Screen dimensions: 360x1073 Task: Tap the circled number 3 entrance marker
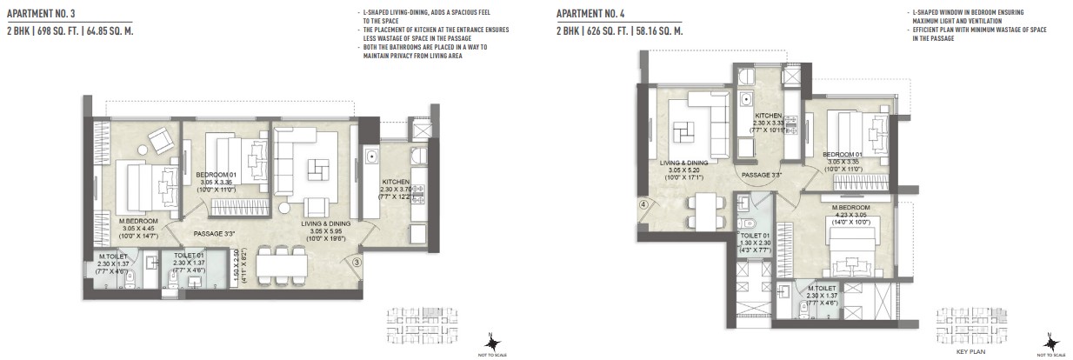pos(357,258)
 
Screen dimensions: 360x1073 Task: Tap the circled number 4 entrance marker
pos(643,206)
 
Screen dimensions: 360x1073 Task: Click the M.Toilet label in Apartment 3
pos(113,256)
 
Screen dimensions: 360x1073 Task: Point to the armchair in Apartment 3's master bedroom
pos(160,141)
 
